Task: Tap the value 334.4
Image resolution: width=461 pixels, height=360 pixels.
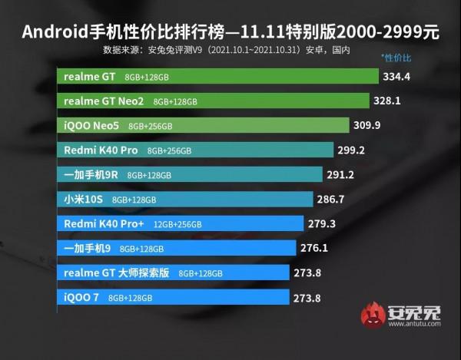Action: click(x=398, y=77)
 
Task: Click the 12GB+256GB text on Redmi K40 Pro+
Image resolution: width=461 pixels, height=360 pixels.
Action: click(x=177, y=224)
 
